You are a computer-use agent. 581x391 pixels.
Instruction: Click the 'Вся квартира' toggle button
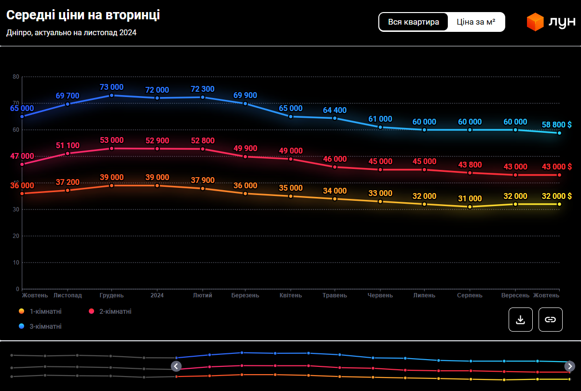(x=414, y=22)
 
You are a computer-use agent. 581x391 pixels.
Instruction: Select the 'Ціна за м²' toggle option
(x=476, y=22)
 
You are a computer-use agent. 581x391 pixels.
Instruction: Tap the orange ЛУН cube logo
(x=535, y=22)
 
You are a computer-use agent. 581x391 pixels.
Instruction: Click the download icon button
(x=520, y=320)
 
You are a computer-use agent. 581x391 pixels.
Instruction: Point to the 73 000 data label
(x=111, y=87)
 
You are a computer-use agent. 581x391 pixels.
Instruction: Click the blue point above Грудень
(x=111, y=95)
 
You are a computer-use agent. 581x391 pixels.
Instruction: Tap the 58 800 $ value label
(x=556, y=125)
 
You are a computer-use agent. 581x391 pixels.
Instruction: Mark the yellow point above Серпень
(x=470, y=207)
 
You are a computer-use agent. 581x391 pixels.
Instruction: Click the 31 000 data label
(x=470, y=198)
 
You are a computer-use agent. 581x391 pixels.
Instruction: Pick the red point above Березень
(x=245, y=156)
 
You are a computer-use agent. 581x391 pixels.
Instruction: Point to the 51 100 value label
(x=68, y=145)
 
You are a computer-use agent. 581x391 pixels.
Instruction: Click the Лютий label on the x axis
(x=202, y=295)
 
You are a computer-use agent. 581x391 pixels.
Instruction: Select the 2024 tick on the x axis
(x=157, y=295)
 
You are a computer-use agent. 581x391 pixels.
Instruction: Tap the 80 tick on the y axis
(x=16, y=77)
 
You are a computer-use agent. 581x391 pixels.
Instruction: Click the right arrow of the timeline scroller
(x=570, y=366)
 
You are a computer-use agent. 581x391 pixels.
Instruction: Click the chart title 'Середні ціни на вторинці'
(x=83, y=15)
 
